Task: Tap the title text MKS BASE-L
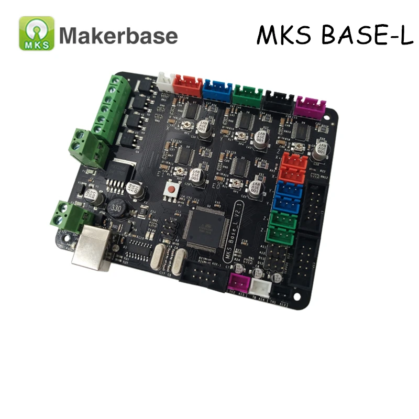click(335, 35)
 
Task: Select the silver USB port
click(93, 250)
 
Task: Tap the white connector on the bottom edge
click(259, 287)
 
